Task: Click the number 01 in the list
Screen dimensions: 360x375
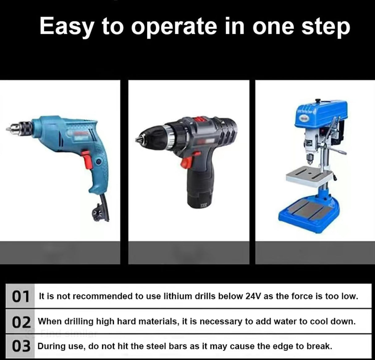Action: click(20, 297)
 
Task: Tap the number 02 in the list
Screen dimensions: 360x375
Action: click(21, 322)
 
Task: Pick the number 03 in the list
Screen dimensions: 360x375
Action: click(21, 346)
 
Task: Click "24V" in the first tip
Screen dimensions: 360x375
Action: click(253, 296)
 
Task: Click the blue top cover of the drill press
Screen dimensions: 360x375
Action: click(321, 114)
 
